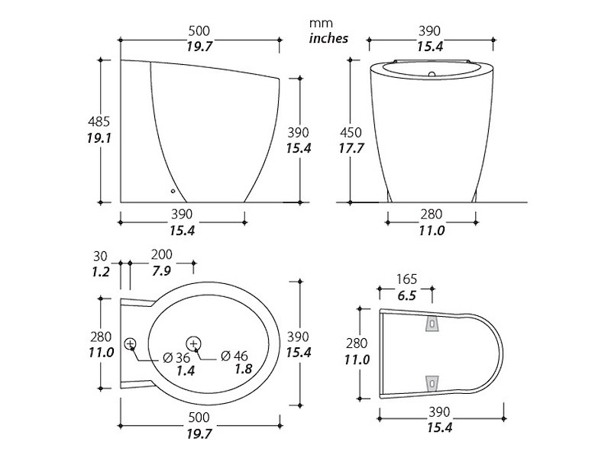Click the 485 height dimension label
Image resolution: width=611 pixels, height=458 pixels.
tap(99, 121)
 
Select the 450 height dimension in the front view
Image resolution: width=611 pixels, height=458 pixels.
tap(351, 132)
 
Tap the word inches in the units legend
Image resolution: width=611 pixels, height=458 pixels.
tap(328, 38)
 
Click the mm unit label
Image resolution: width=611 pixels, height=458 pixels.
tap(321, 24)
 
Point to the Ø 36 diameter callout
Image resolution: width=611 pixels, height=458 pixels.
tap(176, 357)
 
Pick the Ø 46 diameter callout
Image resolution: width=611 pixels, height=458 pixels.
tap(234, 356)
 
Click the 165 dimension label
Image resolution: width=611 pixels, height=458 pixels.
tap(406, 279)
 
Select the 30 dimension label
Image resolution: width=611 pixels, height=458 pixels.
tap(100, 256)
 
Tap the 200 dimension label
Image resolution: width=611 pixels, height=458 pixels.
tap(161, 255)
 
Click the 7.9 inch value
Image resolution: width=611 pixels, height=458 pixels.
tap(161, 270)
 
